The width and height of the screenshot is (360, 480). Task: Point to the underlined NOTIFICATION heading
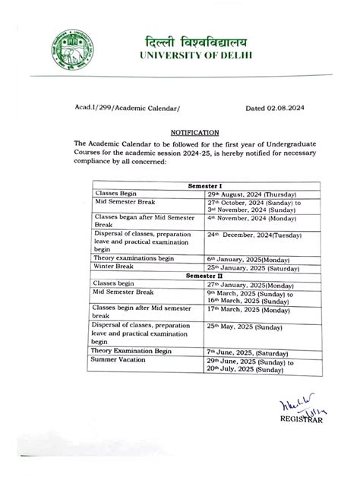pos(194,131)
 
